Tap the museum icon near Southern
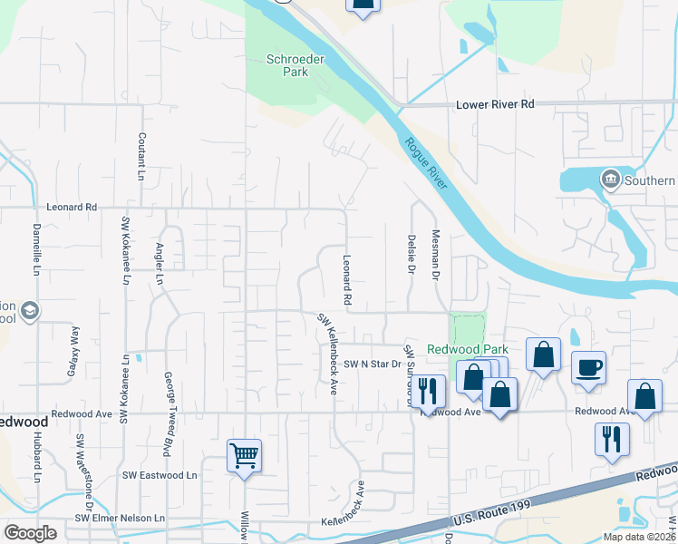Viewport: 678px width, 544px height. (x=610, y=180)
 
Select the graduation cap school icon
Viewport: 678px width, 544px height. (x=31, y=312)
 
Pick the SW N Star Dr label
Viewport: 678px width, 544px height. (x=372, y=364)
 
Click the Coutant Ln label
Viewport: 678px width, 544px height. (x=141, y=154)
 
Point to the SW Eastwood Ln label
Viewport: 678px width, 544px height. (x=160, y=475)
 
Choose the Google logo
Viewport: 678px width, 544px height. (x=30, y=533)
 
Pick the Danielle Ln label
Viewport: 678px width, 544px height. (x=37, y=249)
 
